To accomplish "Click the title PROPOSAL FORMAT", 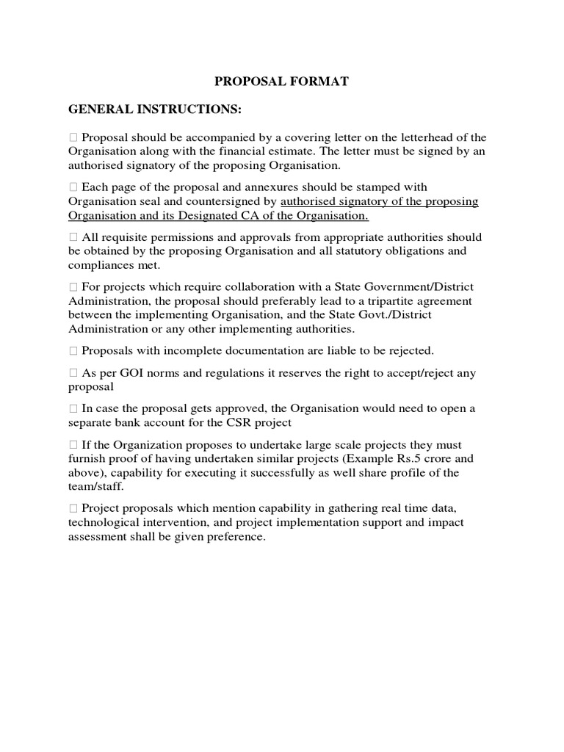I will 282,82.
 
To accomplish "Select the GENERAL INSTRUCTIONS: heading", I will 154,109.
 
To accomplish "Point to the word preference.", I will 236,536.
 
